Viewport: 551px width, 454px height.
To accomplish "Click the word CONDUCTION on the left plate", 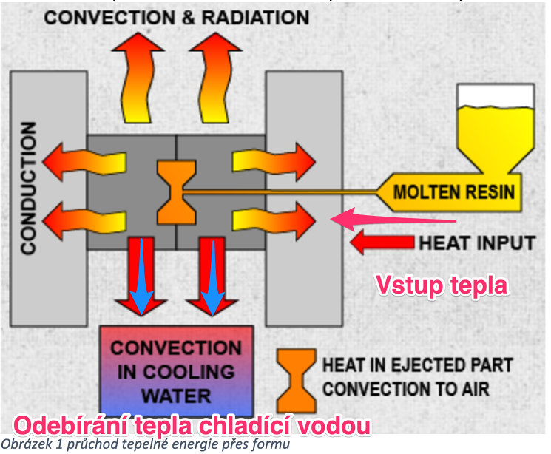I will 28,189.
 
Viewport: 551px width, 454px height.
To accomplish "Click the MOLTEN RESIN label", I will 453,192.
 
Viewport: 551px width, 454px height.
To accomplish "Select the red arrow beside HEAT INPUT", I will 381,242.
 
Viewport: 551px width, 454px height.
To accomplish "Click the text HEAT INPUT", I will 477,242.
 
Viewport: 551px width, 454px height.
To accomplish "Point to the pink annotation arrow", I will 392,218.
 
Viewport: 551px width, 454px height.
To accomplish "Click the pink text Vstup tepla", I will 442,284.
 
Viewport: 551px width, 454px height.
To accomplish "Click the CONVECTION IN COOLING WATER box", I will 176,370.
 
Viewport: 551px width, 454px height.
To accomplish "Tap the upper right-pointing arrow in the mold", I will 274,159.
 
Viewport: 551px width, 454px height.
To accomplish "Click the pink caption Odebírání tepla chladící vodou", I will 191,427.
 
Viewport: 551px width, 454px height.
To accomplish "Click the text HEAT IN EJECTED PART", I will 418,365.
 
